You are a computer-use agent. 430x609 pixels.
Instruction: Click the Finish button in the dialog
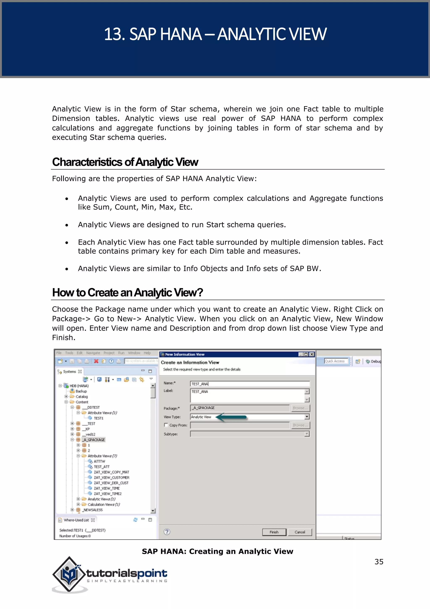click(x=274, y=532)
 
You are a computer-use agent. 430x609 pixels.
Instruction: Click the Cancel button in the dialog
click(x=300, y=532)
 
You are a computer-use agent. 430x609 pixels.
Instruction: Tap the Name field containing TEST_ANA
click(x=250, y=384)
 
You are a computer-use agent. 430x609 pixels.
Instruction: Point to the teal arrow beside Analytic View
click(x=231, y=417)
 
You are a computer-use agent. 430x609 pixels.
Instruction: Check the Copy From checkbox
click(x=166, y=425)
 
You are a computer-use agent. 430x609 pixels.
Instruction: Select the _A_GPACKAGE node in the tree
click(x=94, y=440)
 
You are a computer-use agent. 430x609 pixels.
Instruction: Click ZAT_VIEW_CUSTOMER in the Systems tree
click(x=111, y=477)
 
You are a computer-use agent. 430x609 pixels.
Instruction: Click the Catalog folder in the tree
click(x=81, y=397)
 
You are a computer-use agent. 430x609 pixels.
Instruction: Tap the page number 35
click(x=379, y=561)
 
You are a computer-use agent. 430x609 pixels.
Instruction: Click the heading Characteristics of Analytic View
click(x=125, y=162)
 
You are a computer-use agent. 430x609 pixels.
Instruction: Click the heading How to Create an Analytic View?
click(x=127, y=293)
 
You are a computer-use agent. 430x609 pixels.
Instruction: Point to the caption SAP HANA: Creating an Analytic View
click(x=217, y=551)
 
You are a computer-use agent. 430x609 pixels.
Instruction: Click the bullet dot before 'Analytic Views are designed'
click(x=67, y=225)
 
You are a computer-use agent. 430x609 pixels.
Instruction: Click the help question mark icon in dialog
click(x=167, y=532)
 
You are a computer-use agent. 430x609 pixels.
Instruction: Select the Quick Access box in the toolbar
click(x=336, y=361)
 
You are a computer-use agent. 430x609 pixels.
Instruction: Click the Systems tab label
click(x=69, y=372)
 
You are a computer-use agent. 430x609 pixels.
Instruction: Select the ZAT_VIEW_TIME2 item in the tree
click(x=107, y=494)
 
